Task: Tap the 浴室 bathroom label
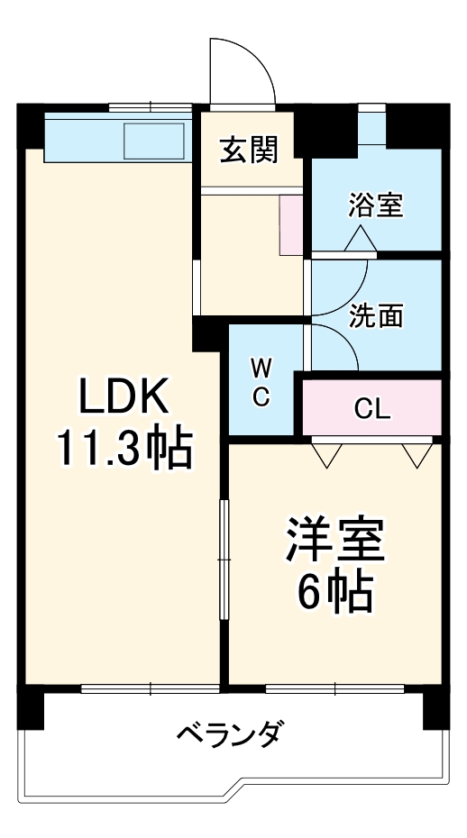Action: pos(376,205)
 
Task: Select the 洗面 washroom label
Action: pos(376,316)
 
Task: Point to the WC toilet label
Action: pos(261,382)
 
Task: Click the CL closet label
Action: pos(372,409)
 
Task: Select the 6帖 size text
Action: pos(335,591)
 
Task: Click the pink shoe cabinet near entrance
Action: pos(292,225)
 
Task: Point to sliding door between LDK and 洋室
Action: pos(224,559)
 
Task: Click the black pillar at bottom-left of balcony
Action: pos(31,708)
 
